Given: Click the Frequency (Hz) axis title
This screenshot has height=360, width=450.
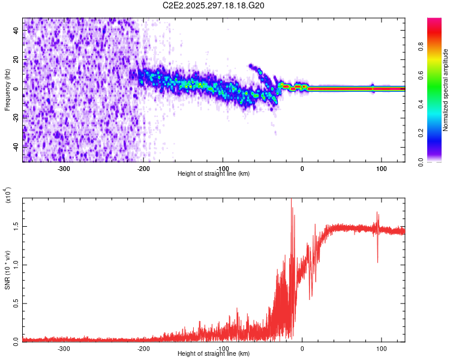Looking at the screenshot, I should click(7, 90).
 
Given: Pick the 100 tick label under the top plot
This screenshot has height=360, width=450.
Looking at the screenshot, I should click(381, 168).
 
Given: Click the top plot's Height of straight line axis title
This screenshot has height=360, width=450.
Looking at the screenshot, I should click(214, 174).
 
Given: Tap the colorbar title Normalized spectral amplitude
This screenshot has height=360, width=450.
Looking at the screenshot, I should click(446, 90).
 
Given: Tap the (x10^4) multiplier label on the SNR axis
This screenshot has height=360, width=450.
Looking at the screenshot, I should click(8, 196).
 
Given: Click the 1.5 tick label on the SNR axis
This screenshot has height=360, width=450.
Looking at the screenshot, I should click(15, 226).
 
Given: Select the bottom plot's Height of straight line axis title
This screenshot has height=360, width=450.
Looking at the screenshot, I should click(214, 354).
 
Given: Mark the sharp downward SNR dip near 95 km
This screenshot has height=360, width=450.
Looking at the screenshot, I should click(377, 261).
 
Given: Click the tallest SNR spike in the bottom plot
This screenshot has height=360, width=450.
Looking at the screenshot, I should click(292, 208).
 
